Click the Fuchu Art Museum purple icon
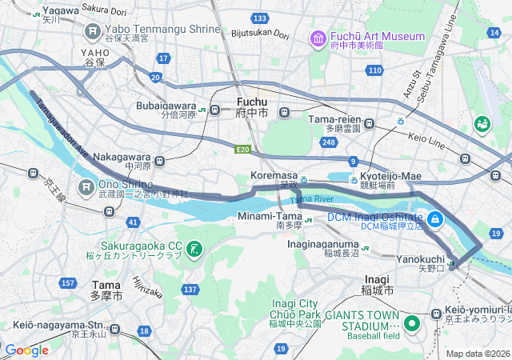coord(318,38)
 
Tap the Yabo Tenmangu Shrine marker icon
coord(91,30)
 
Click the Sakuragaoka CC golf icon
coord(194,250)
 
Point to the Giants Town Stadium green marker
coord(412,323)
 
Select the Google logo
coord(27,350)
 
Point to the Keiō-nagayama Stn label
coord(58,326)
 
